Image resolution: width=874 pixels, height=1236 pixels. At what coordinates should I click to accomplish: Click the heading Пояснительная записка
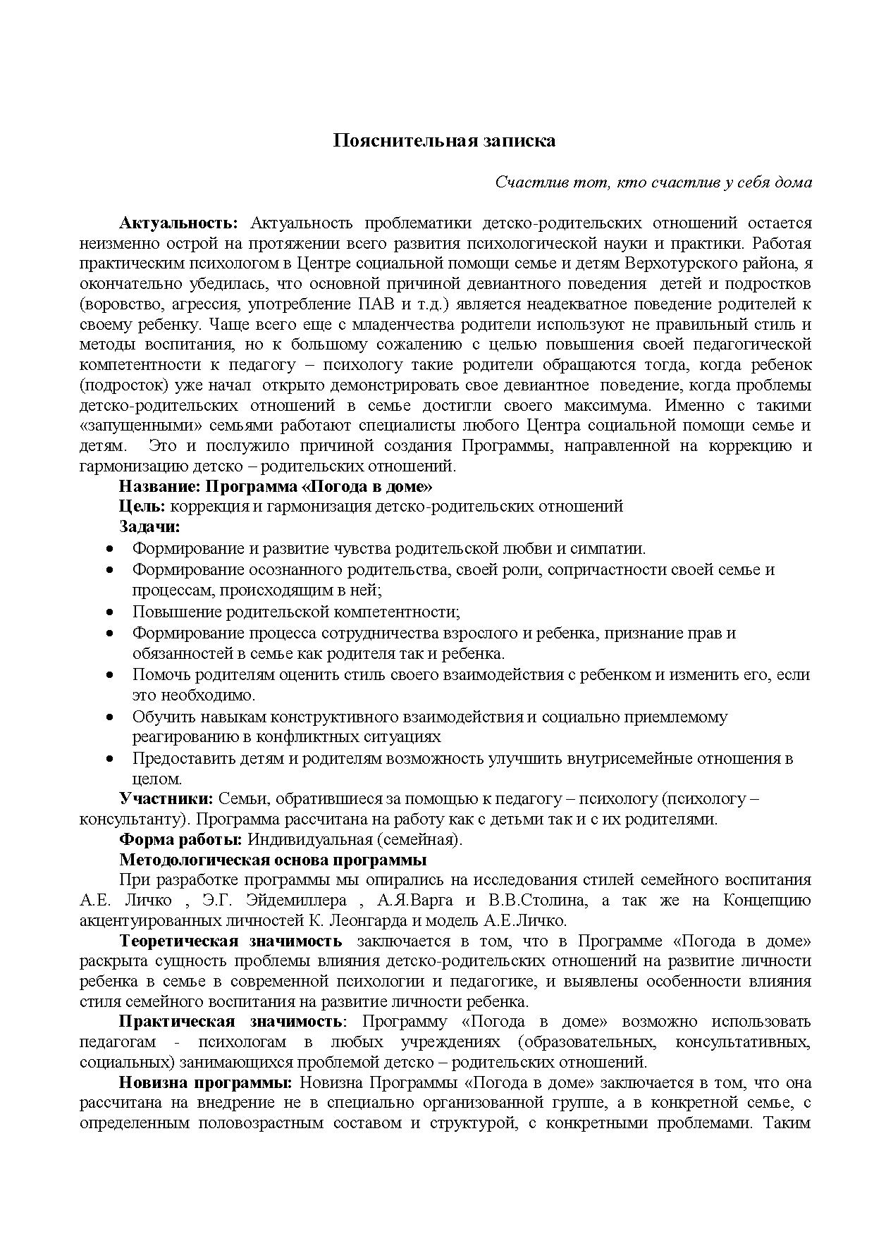pyautogui.click(x=444, y=140)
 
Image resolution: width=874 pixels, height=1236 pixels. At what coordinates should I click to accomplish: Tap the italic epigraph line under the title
pyautogui.click(x=653, y=182)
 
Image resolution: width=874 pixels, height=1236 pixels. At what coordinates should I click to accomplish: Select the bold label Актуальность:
pyautogui.click(x=179, y=223)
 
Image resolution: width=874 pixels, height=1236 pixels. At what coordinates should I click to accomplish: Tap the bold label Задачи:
pyautogui.click(x=149, y=526)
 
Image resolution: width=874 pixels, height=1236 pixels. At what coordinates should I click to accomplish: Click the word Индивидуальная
pyautogui.click(x=309, y=839)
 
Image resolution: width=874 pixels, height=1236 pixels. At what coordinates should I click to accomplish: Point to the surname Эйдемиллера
pyautogui.click(x=274, y=901)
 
